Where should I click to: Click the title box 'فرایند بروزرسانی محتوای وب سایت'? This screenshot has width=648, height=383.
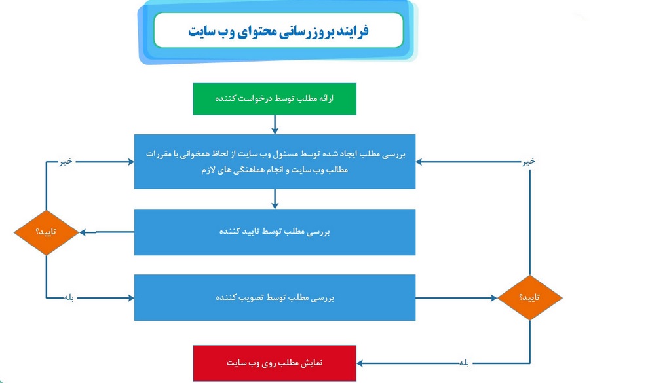[x=278, y=31]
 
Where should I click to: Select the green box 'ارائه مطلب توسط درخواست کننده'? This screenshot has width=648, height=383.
[x=275, y=99]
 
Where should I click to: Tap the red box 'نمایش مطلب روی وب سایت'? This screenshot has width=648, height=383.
[x=275, y=363]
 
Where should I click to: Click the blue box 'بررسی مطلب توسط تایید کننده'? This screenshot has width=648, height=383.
[x=275, y=232]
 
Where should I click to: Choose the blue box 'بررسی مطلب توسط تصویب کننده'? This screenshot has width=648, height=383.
[x=275, y=297]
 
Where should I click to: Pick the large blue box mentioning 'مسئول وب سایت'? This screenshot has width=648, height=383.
[x=275, y=162]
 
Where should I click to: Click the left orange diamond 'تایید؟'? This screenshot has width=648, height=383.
[x=47, y=232]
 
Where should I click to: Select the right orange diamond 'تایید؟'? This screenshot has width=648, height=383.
[x=530, y=297]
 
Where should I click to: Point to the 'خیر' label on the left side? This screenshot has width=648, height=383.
[x=66, y=161]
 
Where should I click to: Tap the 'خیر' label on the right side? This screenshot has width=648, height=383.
[x=529, y=161]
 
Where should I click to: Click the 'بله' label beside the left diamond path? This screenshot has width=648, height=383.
[x=69, y=297]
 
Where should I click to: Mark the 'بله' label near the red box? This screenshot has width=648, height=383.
[x=464, y=363]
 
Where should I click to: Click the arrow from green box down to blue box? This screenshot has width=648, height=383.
[x=275, y=124]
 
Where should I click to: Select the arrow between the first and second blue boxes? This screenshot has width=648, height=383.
[x=275, y=199]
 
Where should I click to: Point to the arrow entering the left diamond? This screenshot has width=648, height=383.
[x=107, y=232]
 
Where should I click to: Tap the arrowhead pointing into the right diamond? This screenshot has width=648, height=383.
[x=494, y=297]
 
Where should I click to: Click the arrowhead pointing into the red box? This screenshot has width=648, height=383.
[x=360, y=363]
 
